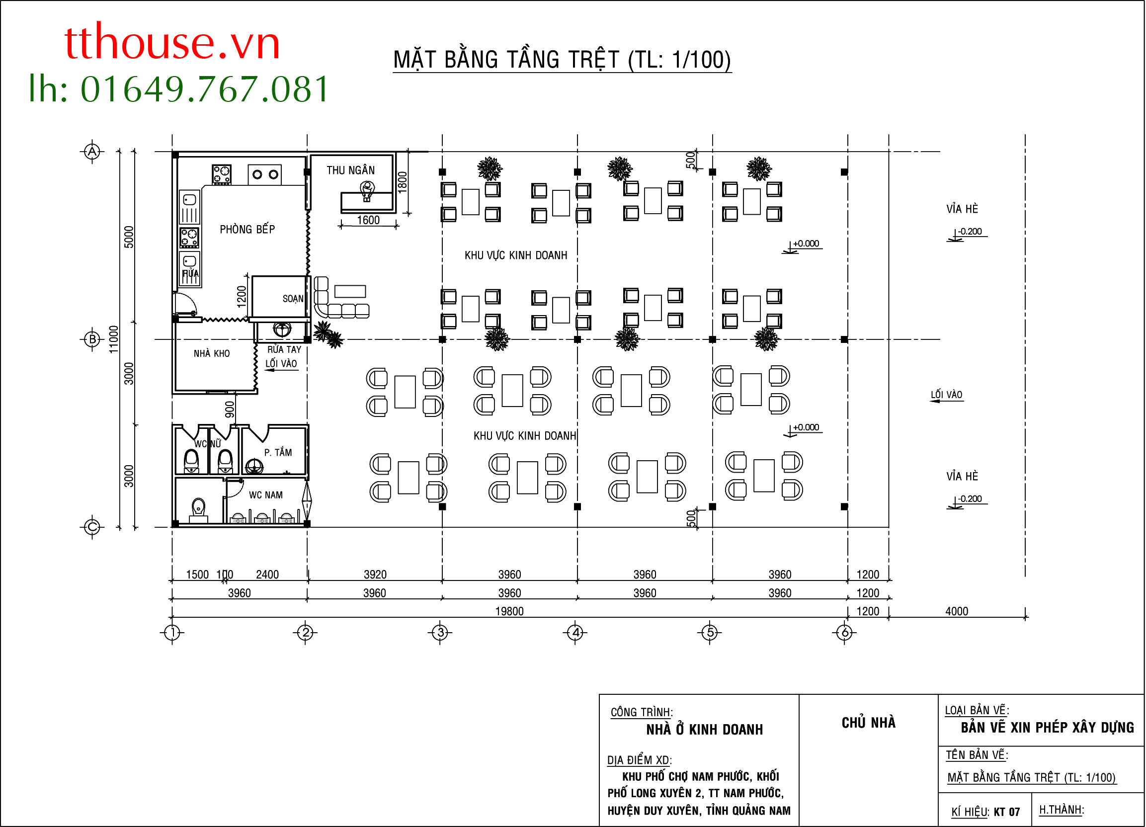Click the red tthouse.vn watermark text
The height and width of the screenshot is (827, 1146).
pos(172,42)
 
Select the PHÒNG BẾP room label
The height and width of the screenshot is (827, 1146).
pos(247,229)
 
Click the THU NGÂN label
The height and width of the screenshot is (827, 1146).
pos(351,170)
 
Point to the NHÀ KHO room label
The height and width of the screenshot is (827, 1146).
pos(212,354)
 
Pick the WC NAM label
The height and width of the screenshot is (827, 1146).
pos(266,495)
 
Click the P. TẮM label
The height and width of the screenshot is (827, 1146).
pos(278,452)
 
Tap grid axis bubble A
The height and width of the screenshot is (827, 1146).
pos(92,151)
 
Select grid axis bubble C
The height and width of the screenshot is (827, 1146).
pos(92,527)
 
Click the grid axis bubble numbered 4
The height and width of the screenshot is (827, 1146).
pos(575,633)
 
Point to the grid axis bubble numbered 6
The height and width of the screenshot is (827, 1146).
pos(845,633)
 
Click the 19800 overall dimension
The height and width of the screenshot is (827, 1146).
pos(509,611)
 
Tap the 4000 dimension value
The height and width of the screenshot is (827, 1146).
pos(957,611)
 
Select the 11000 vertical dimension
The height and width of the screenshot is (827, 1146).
pos(114,339)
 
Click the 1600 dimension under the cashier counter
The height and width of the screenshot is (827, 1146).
pos(368,220)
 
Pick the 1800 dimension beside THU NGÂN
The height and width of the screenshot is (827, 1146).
pos(402,182)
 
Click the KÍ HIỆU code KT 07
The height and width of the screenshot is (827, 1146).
pos(1007,812)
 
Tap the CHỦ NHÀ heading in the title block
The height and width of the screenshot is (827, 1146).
pos(869,723)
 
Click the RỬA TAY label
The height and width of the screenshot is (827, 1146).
pos(284,349)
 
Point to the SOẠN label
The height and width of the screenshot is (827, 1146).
pos(293,299)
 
